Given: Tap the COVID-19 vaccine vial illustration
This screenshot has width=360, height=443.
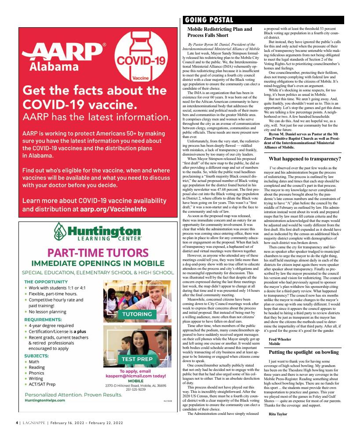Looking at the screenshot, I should [x=139, y=57].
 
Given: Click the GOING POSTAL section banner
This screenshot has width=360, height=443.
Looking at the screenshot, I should [x=208, y=20].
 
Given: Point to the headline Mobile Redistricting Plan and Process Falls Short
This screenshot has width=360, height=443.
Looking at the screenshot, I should [x=219, y=32].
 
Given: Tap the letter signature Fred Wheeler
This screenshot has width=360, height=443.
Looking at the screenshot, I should [x=280, y=339].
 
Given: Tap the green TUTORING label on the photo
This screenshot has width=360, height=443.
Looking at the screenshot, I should [x=137, y=314].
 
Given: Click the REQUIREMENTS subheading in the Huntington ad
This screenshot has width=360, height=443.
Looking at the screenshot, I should [x=43, y=320].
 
